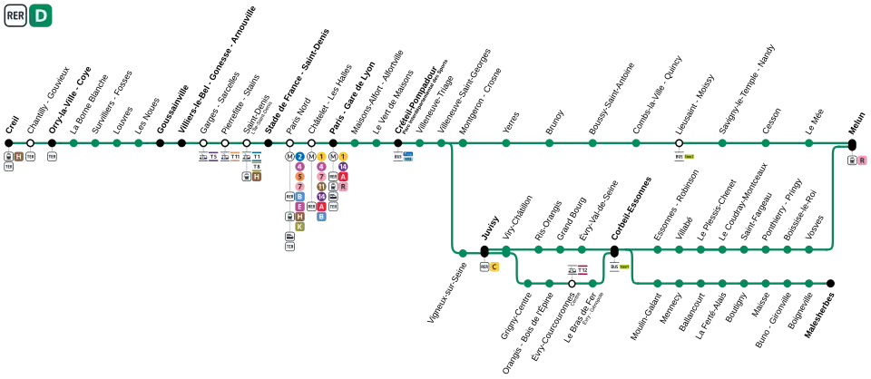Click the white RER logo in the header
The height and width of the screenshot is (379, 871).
15,15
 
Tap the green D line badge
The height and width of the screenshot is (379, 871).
41,15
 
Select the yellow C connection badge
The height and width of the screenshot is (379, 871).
495,267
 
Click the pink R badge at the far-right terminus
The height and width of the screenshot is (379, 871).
862,160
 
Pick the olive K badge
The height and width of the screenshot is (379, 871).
299,227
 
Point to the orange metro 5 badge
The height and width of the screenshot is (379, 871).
299,177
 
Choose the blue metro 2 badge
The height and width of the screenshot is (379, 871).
299,157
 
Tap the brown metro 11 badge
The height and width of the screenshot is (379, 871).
321,187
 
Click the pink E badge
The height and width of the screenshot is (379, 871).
299,207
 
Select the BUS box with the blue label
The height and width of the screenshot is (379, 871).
398,157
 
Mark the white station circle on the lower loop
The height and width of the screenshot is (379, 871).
572,284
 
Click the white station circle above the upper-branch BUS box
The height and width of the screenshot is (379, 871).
679,143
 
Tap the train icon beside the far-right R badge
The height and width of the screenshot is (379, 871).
852,160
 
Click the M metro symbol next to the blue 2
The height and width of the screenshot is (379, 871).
289,157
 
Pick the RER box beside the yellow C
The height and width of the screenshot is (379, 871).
484,267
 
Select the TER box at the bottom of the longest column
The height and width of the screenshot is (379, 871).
289,246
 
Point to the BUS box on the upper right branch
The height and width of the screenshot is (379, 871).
679,157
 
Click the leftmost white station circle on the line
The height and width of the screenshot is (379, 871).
30,143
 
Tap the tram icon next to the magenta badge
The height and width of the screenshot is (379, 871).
573,269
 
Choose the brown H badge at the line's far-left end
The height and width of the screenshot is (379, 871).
18,157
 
